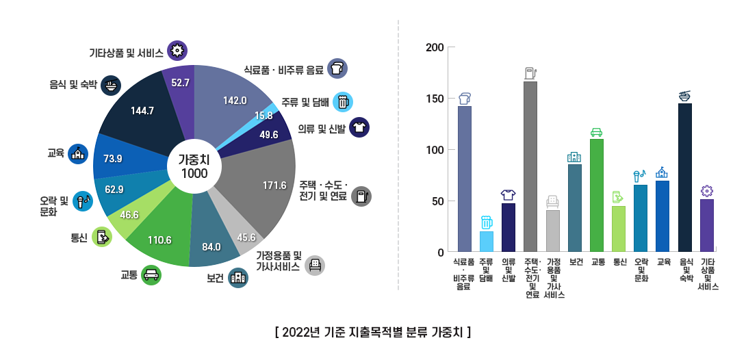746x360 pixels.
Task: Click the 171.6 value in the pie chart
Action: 274,185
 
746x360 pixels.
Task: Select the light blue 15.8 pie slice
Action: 263,116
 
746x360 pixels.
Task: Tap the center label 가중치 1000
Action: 194,166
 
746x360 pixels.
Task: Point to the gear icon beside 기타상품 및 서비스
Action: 177,50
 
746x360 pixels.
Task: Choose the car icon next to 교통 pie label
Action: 151,274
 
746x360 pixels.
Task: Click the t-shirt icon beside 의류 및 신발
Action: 359,127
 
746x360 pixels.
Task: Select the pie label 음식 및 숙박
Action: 73,86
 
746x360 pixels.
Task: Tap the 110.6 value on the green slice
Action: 159,240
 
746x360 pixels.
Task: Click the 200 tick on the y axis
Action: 436,47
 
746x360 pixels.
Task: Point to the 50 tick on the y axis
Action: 439,201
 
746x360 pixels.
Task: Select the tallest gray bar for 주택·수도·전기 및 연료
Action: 530,166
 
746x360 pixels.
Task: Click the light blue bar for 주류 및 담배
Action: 487,242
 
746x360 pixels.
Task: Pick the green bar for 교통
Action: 596,195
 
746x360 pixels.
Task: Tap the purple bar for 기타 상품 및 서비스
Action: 707,225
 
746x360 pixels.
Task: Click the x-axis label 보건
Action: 575,261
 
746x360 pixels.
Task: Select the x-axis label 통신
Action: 619,261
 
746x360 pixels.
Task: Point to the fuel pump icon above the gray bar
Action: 530,73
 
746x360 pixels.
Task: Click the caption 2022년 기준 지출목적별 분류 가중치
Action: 372,333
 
